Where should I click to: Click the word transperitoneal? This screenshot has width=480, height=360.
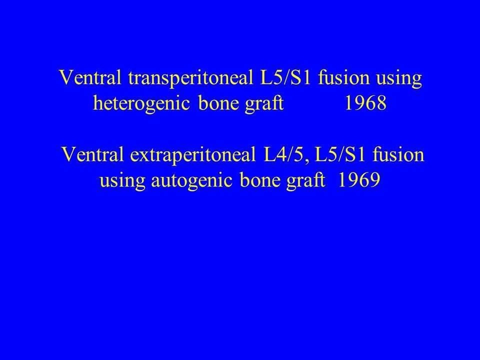coord(190,78)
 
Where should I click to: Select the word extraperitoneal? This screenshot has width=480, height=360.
coord(193,154)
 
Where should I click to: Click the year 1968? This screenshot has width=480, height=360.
coord(365,103)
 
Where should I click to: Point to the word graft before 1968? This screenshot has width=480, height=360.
coord(264,104)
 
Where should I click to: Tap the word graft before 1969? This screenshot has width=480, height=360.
coord(305,180)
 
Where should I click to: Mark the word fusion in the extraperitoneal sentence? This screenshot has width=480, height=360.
coord(398,154)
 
